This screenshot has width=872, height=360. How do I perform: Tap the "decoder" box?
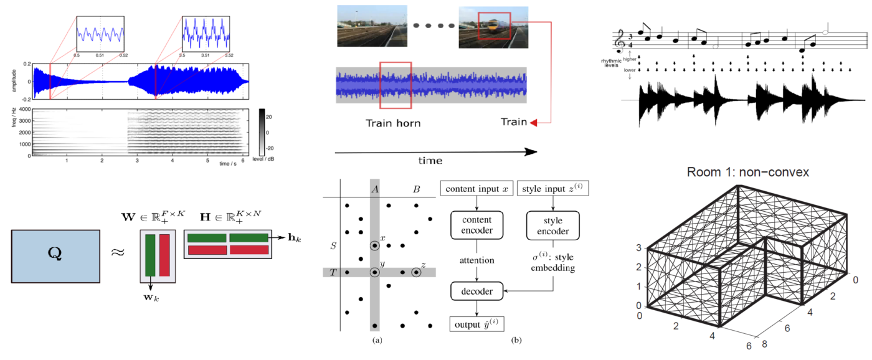click(x=476, y=291)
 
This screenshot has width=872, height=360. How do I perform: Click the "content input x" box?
click(x=476, y=187)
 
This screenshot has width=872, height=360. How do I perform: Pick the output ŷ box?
click(x=476, y=324)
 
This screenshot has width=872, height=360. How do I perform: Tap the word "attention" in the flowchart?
click(x=476, y=260)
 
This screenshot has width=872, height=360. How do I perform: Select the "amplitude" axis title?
click(x=13, y=81)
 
